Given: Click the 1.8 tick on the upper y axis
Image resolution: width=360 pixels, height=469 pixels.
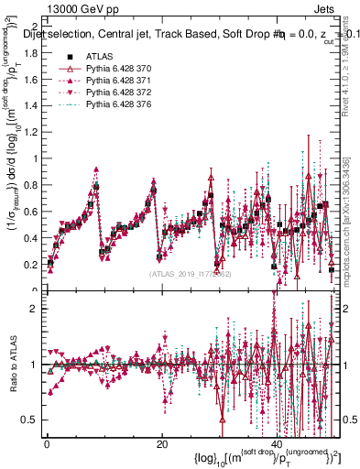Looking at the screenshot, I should (x=30, y=52).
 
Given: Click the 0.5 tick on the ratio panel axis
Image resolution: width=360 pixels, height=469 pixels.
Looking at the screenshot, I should (x=30, y=420).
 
